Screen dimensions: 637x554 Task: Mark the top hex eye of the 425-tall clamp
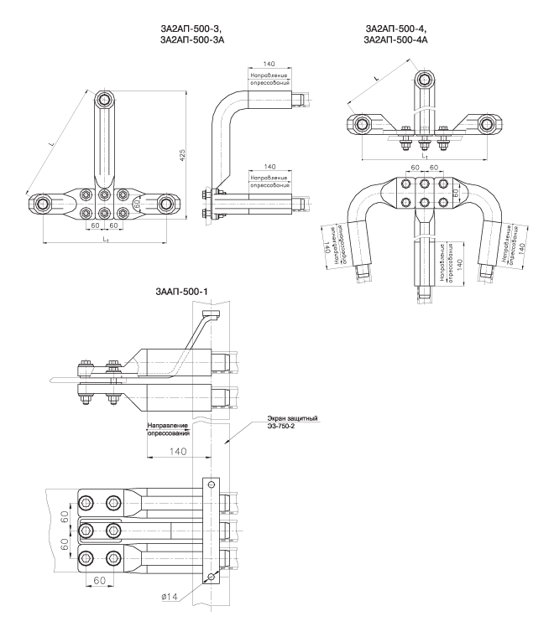pos(103,101)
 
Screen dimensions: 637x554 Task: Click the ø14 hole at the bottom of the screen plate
pos(210,577)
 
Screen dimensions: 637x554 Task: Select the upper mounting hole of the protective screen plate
pos(210,484)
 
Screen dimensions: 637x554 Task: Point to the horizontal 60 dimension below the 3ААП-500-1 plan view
pos(99,579)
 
